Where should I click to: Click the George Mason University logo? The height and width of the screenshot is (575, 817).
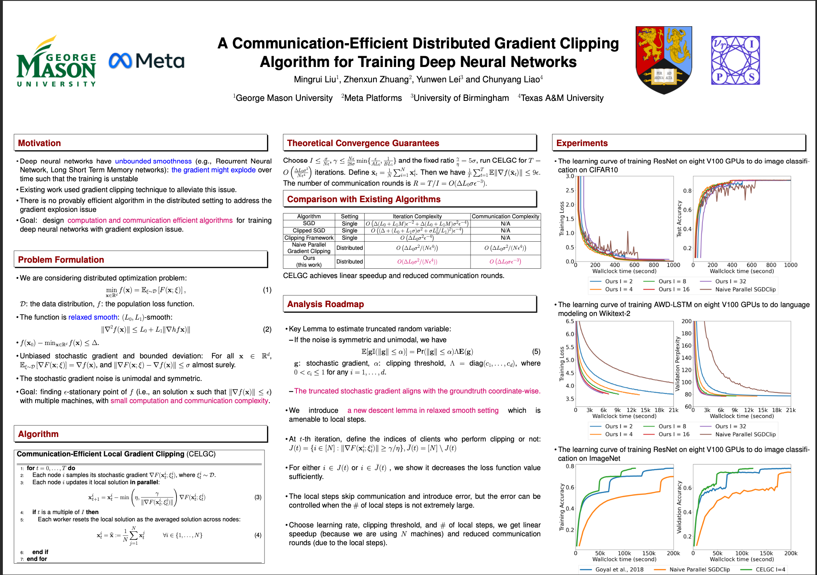pyautogui.click(x=56, y=62)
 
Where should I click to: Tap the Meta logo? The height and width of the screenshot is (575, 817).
pyautogui.click(x=147, y=61)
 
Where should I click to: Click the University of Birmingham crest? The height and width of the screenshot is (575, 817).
pyautogui.click(x=664, y=59)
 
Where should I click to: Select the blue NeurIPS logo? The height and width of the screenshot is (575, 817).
pyautogui.click(x=735, y=60)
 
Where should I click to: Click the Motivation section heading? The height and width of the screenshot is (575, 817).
pyautogui.click(x=40, y=143)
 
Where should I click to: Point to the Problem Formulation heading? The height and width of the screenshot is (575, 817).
pyautogui.click(x=61, y=260)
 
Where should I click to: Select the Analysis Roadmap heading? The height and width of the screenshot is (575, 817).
pyautogui.click(x=326, y=304)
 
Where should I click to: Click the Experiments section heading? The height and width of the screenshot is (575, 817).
pyautogui.click(x=582, y=143)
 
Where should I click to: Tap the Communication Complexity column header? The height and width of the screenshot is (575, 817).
pyautogui.click(x=505, y=216)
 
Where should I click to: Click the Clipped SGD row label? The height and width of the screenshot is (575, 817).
pyautogui.click(x=309, y=230)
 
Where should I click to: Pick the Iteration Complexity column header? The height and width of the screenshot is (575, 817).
pyautogui.click(x=417, y=216)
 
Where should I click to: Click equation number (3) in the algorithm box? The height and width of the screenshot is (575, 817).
pyautogui.click(x=258, y=497)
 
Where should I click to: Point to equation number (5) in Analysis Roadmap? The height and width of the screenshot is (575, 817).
pyautogui.click(x=536, y=351)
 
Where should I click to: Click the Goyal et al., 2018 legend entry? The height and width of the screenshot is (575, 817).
pyautogui.click(x=619, y=569)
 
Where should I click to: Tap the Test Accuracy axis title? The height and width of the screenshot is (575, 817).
pyautogui.click(x=679, y=219)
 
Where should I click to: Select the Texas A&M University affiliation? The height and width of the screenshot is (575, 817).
pyautogui.click(x=562, y=98)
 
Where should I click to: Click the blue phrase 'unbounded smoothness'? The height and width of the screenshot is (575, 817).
pyautogui.click(x=153, y=161)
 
